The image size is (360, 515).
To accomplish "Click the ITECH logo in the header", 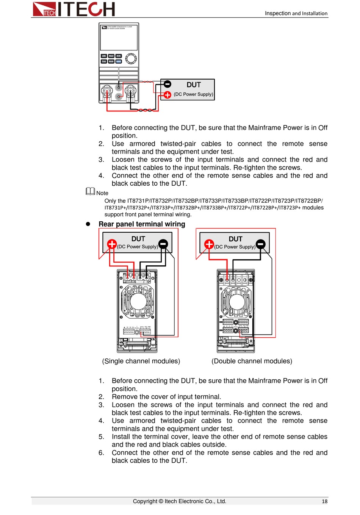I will click(x=74, y=9).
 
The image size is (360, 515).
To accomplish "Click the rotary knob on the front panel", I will click(x=131, y=58).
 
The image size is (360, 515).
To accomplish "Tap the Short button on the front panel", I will click(x=111, y=56).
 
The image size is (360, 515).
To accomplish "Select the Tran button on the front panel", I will click(x=104, y=61).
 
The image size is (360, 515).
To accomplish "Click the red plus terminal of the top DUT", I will click(x=167, y=95).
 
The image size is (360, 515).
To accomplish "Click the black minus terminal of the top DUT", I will click(x=167, y=84).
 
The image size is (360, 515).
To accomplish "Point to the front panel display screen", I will click(x=119, y=38).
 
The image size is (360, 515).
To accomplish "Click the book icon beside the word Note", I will click(x=90, y=191).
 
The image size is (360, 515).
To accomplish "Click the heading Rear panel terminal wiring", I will click(x=142, y=224).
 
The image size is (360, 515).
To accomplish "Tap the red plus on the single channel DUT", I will click(x=112, y=244).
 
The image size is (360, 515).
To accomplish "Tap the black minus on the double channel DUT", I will click(x=261, y=244).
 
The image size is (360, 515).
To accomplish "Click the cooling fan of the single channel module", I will click(x=138, y=301).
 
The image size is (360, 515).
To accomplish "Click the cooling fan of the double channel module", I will click(x=236, y=302).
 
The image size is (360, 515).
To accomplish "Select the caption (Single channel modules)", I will click(x=141, y=361).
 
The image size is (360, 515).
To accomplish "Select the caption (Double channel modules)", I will click(x=252, y=361).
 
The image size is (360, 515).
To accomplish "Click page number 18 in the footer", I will click(x=324, y=501).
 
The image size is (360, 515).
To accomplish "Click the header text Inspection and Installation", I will click(x=296, y=13).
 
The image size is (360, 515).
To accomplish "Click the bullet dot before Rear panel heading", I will click(x=88, y=224).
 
